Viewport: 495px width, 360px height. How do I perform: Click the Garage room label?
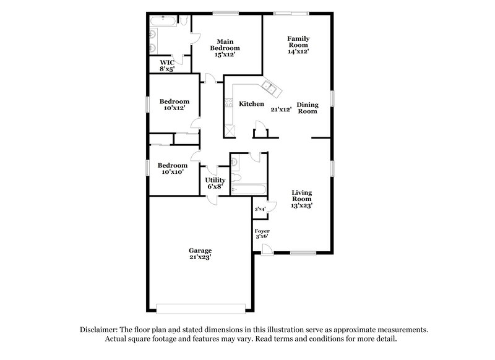[200, 251]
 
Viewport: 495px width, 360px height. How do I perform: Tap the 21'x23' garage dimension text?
[200, 257]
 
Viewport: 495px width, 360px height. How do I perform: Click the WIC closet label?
[167, 62]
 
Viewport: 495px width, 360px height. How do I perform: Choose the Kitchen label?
[252, 104]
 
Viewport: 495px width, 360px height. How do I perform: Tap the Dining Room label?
[307, 108]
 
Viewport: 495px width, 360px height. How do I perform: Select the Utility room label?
[215, 180]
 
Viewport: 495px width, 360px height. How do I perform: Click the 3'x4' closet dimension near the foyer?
[260, 210]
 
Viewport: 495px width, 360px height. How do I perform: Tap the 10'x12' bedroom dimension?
[174, 108]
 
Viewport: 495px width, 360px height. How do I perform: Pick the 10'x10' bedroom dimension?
[172, 172]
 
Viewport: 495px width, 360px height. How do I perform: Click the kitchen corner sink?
[270, 87]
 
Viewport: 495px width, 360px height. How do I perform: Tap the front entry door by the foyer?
[266, 249]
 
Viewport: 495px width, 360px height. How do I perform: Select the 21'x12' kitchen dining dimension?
[281, 109]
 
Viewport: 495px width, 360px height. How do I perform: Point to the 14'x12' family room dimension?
[298, 52]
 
